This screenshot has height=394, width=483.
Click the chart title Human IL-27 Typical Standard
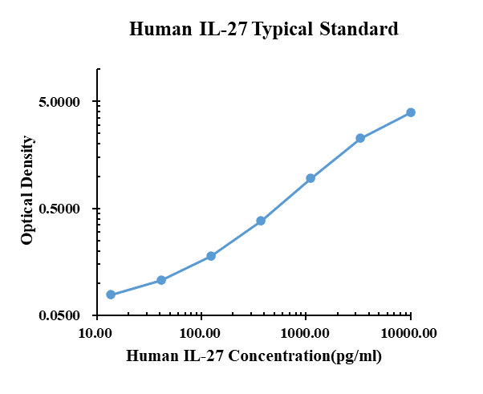pyautogui.click(x=264, y=30)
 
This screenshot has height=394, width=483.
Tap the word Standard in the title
pyautogui.click(x=359, y=30)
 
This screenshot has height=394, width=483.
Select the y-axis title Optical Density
pyautogui.click(x=27, y=189)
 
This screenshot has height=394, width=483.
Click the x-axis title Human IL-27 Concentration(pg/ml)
pyautogui.click(x=254, y=355)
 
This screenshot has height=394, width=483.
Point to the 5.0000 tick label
pyautogui.click(x=60, y=102)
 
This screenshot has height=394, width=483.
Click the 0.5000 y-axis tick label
pyautogui.click(x=60, y=209)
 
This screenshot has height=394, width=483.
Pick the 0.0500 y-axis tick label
pyautogui.click(x=60, y=315)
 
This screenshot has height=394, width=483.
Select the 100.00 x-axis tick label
pyautogui.click(x=201, y=332)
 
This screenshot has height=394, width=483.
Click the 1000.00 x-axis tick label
pyautogui.click(x=306, y=332)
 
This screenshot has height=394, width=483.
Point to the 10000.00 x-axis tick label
pyautogui.click(x=410, y=332)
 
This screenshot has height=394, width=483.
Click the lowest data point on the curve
pyautogui.click(x=111, y=295)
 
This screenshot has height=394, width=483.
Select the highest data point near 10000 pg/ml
pyautogui.click(x=410, y=112)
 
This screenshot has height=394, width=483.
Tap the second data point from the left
pyautogui.click(x=161, y=280)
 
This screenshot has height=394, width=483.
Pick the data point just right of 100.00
pyautogui.click(x=211, y=256)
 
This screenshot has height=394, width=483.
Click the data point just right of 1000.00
pyautogui.click(x=310, y=178)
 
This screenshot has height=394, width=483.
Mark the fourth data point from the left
pyautogui.click(x=261, y=221)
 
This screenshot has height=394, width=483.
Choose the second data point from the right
pyautogui.click(x=360, y=138)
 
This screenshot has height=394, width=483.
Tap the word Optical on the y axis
pyautogui.click(x=27, y=216)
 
